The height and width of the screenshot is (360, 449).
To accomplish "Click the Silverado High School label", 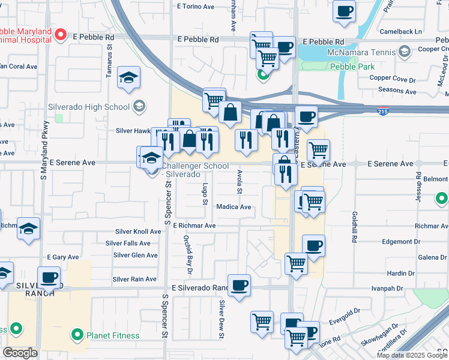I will tap(89, 107).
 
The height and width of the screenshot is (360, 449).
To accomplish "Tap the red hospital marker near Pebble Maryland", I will tap(60, 35).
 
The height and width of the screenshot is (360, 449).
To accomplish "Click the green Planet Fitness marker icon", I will tap(77, 334).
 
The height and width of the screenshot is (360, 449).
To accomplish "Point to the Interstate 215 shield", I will tap(382, 111).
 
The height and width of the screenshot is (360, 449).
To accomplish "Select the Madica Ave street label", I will tap(234, 207).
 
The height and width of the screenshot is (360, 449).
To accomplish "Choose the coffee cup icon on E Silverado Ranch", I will tap(239, 284).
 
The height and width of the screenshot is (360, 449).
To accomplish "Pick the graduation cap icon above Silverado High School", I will tap(128, 77).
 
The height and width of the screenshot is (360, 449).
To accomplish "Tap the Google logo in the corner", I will tap(20, 353).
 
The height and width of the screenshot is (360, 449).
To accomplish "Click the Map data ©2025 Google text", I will tap(411, 355).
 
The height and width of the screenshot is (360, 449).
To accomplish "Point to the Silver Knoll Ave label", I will tap(138, 232).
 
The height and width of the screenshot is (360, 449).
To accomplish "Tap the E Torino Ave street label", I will tap(195, 7).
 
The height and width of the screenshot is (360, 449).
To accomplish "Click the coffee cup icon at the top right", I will tap(345, 11).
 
